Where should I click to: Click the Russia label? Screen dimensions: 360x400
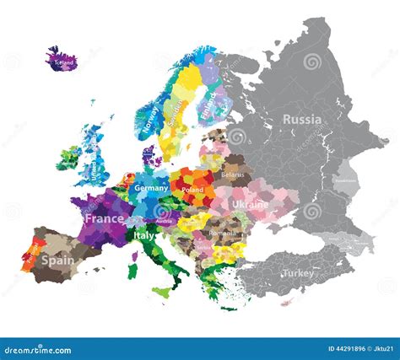coord(301,120)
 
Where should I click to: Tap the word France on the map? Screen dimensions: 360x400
coord(104,218)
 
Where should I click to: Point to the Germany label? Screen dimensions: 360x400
coord(152,188)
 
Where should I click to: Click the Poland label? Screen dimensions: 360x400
coord(193,191)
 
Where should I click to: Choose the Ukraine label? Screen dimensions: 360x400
coord(250,205)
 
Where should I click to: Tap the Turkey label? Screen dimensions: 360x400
coord(297,273)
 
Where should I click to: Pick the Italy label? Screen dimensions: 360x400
coord(144,236)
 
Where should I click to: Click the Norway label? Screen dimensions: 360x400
coord(153,119)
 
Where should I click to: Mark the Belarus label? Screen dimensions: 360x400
coord(232,175)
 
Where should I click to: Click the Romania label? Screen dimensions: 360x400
coord(221,232)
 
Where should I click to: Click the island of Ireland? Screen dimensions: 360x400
coord(69,158)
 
